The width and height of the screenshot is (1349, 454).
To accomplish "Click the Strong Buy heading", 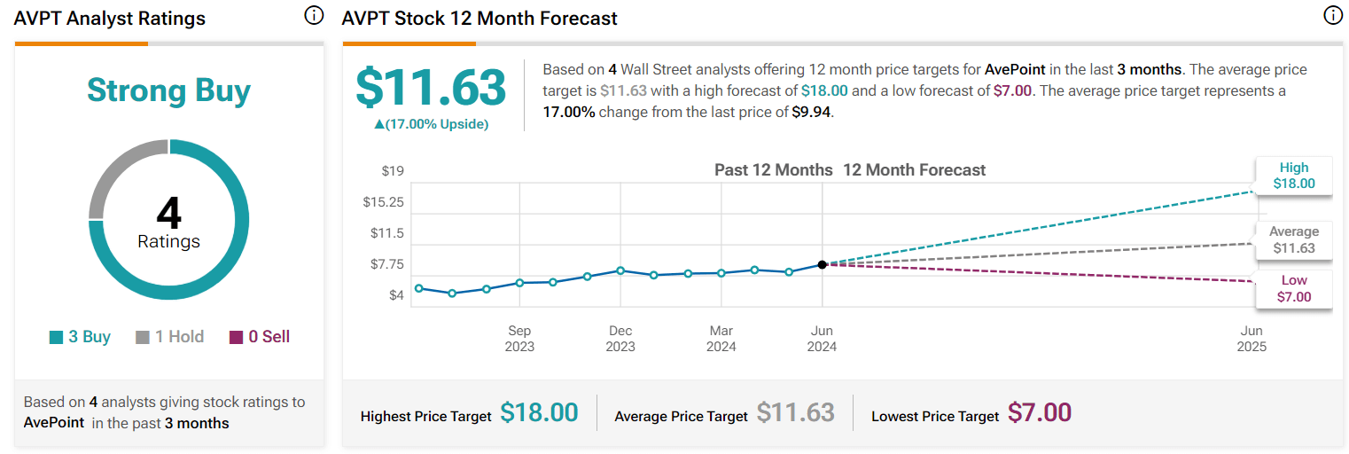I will coord(168,90).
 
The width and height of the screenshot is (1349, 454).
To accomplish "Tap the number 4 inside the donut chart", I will coord(168,214).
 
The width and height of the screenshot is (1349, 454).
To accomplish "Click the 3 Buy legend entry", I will coord(81,337).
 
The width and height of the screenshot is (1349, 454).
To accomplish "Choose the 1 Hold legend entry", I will coord(169,337).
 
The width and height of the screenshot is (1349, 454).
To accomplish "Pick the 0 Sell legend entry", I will coord(260,337).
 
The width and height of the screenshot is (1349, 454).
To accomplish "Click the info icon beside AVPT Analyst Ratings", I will coord(314,16).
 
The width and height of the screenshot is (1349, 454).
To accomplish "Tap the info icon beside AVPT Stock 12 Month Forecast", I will coord(1332,16).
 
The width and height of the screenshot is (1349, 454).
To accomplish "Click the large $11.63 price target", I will coord(431,87).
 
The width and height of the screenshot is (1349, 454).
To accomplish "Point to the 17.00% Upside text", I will coord(431,124).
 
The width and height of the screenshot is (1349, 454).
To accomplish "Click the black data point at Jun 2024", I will coord(823,264).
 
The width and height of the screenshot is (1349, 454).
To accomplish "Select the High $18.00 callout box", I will coord(1293,176).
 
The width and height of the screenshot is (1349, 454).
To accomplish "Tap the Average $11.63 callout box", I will coord(1293,240).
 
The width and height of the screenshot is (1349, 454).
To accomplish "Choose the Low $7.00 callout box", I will coord(1293,289).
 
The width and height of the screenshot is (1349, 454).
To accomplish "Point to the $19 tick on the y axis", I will coord(393,170).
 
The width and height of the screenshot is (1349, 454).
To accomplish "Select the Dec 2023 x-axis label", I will coord(620,339).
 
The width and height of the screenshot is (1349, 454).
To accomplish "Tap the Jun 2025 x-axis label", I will coord(1252,339).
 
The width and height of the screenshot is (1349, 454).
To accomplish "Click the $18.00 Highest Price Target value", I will coord(539,413).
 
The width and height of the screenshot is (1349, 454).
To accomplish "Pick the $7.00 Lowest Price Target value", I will coord(1040,413).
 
